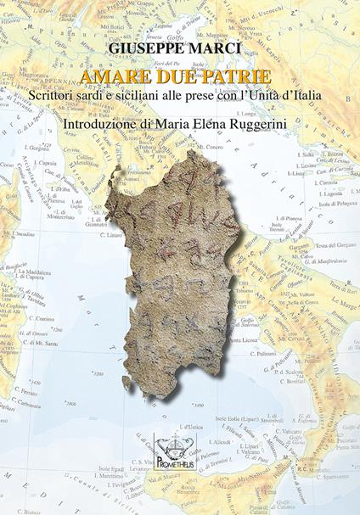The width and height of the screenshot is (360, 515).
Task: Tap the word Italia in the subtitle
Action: pyautogui.click(x=303, y=96)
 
